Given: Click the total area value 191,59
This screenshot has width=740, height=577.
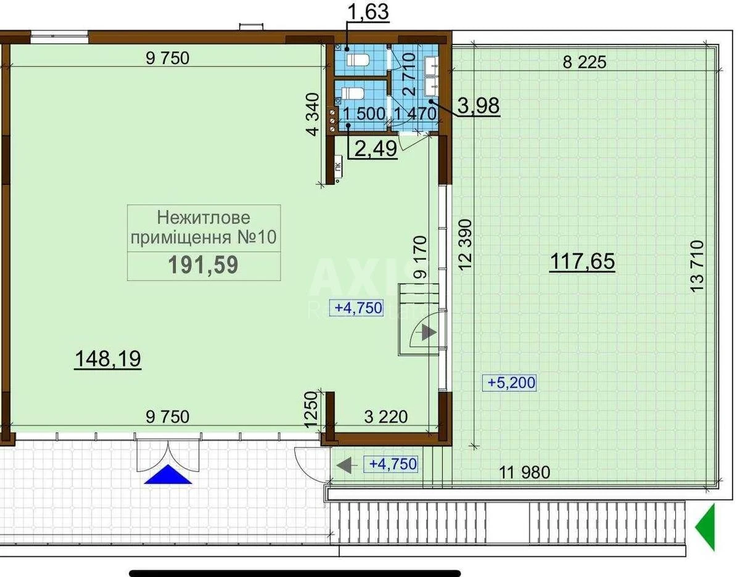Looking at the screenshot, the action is (x=203, y=265).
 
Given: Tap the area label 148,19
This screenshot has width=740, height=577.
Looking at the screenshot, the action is (x=108, y=359).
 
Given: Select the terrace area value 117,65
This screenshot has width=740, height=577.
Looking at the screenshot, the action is (x=582, y=261).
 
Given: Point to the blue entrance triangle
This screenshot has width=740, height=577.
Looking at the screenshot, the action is (x=168, y=474).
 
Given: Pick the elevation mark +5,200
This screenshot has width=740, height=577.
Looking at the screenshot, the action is (x=511, y=383).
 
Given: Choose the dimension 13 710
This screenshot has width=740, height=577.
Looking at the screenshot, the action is (x=697, y=266).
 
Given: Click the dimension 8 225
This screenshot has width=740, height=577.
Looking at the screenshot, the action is (x=585, y=62).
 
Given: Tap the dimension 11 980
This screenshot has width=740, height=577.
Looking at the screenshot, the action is (x=524, y=472).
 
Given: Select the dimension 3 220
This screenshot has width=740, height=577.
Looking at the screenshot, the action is (x=386, y=417).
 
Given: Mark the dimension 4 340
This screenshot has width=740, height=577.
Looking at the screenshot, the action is (x=313, y=115).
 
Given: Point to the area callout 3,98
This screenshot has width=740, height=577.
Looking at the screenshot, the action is (x=479, y=105).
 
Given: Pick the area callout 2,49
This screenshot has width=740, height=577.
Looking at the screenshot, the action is (x=376, y=149).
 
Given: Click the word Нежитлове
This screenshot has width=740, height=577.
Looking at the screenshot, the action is (x=203, y=218).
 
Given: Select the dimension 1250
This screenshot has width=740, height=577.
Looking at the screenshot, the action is (x=311, y=410).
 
